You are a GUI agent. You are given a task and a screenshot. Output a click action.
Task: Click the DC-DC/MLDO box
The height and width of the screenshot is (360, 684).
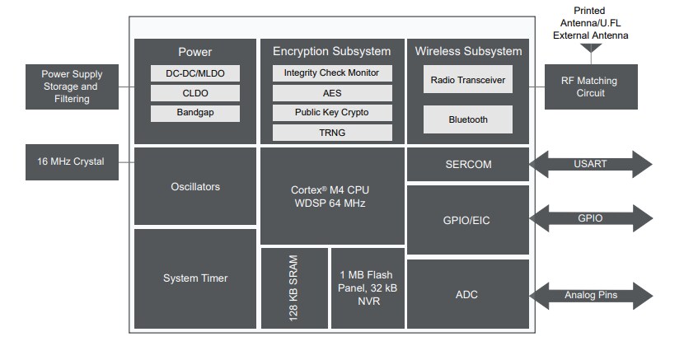(195, 73)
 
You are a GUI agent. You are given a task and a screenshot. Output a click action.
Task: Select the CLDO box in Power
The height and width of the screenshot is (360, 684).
(195, 93)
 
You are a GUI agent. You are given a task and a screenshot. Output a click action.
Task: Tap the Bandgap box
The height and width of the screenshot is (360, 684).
(195, 113)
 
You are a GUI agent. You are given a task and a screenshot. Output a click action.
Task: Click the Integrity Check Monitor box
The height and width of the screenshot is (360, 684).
(331, 72)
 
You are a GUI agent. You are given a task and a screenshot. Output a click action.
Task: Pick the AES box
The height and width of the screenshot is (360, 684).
(331, 93)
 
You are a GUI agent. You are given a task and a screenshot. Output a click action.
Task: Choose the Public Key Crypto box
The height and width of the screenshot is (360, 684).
(331, 112)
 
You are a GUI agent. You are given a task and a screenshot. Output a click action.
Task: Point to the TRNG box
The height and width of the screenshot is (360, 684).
(331, 132)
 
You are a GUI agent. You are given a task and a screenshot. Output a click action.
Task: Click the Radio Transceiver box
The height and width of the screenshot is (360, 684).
(467, 80)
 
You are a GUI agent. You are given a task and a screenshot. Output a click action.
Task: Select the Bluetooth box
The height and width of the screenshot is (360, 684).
(467, 119)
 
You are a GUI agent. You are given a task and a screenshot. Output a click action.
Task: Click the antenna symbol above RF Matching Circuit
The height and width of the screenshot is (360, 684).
(591, 49)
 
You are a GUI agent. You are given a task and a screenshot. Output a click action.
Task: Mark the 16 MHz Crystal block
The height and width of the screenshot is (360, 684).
(71, 161)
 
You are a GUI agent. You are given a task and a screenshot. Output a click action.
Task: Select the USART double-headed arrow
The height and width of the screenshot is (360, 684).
(590, 164)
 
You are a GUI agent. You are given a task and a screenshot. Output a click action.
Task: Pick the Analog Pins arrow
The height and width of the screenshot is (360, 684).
(590, 295)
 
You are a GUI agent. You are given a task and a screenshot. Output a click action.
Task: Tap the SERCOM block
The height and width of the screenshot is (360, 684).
(467, 164)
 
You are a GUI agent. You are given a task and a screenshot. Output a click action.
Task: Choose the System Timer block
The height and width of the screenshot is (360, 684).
(194, 278)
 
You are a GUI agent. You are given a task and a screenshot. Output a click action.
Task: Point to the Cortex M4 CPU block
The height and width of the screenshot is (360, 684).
(331, 196)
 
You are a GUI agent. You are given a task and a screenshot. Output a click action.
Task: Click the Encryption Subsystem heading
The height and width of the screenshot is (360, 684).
(331, 51)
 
